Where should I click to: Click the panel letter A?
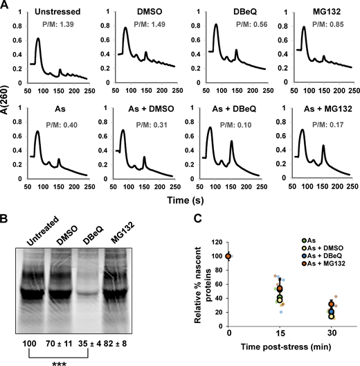tap(6, 7)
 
